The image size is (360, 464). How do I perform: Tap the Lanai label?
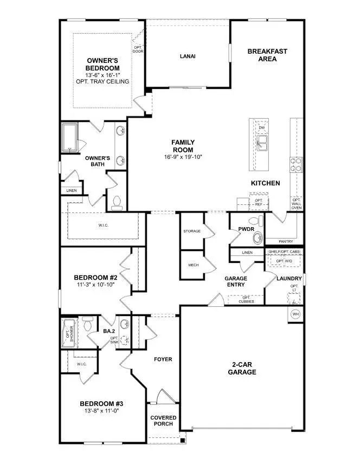pos(188,56)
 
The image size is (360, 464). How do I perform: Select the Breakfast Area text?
pos(267,55)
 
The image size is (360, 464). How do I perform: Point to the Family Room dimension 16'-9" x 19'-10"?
pos(183,157)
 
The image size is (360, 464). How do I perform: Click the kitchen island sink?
pos(262,143)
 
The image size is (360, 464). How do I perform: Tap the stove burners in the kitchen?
pos(296,164)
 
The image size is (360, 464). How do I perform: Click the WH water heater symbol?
pos(295,314)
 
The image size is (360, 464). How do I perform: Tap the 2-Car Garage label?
pos(242,369)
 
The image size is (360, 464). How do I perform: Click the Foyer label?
pos(163,359)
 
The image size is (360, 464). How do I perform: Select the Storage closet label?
pos(191,231)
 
